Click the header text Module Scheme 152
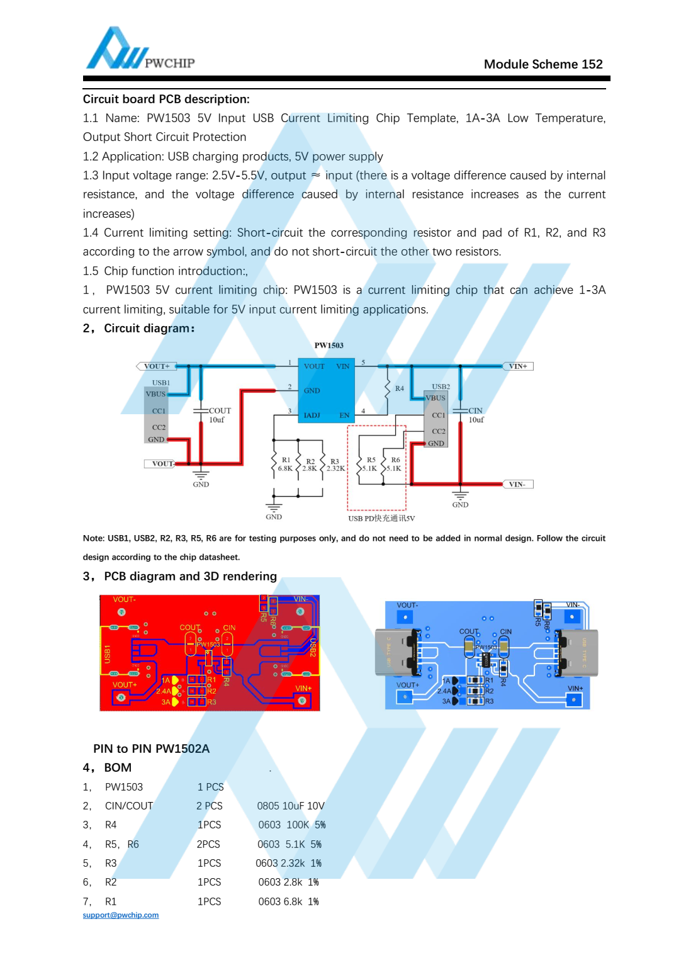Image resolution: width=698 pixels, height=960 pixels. [x=543, y=64]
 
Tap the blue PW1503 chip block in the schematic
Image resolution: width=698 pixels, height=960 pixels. [x=326, y=391]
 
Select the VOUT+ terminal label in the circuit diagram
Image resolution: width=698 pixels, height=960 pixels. [x=156, y=366]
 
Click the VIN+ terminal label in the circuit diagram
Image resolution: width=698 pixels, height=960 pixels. [x=517, y=366]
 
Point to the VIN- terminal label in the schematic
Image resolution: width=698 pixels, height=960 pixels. [x=517, y=484]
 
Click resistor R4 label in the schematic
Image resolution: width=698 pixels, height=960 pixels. [x=399, y=388]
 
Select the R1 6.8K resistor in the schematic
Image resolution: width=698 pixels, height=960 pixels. [x=284, y=464]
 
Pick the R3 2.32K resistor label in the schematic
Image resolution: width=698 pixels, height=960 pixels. [x=335, y=465]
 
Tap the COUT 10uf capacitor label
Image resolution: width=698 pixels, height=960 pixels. [x=219, y=415]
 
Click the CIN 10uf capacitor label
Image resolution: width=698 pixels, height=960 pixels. [x=475, y=415]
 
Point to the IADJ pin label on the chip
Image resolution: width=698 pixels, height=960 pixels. [x=312, y=415]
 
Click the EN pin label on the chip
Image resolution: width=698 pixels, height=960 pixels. [x=344, y=415]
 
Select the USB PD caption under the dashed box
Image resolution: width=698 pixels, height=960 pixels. [x=381, y=518]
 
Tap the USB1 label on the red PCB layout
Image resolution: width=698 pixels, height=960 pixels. [x=107, y=653]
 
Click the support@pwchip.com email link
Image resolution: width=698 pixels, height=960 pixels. [x=121, y=915]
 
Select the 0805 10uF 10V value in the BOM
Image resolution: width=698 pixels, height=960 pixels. [x=291, y=806]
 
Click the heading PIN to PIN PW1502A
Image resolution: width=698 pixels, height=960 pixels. [x=151, y=748]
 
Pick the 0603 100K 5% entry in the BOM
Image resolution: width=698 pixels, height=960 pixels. [x=291, y=825]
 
